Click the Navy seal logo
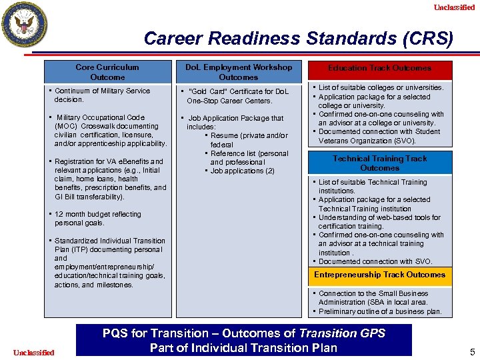point(25,25)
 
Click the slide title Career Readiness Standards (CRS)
point(298,38)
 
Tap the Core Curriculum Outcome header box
point(107,72)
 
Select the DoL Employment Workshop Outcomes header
point(238,72)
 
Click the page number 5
point(472,352)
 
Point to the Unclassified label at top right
point(454,7)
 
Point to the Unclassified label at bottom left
point(33,352)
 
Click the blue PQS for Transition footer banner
point(243,340)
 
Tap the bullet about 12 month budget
point(97,219)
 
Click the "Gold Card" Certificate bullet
point(238,96)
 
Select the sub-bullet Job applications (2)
point(242,171)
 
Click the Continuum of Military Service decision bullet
point(102,95)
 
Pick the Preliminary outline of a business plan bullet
point(380,311)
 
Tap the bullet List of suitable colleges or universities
point(381,87)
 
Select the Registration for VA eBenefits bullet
point(110,179)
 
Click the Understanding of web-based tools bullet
point(379,221)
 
